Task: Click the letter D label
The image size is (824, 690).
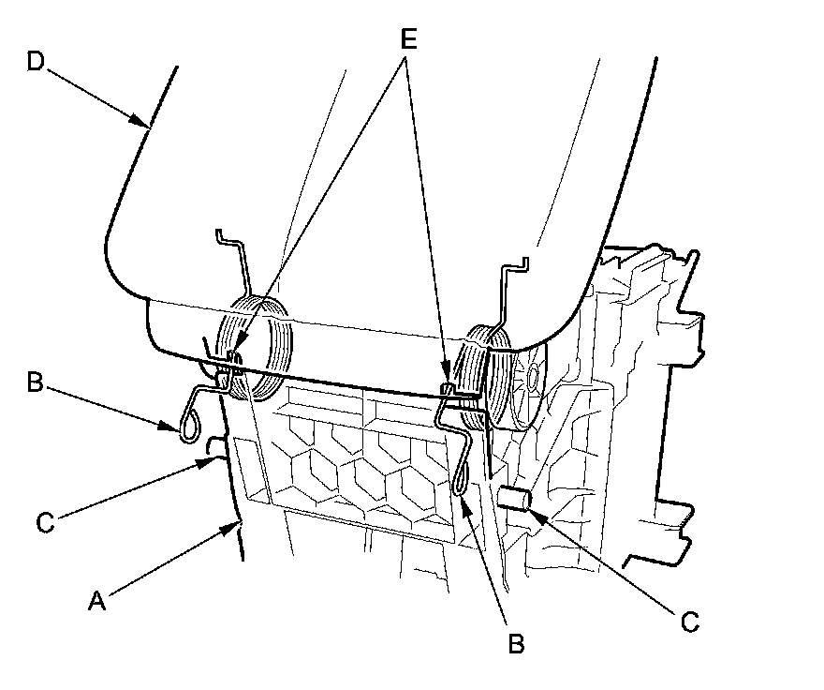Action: click(x=35, y=62)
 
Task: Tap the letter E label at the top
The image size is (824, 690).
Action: click(x=408, y=40)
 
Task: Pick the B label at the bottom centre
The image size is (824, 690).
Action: click(x=515, y=643)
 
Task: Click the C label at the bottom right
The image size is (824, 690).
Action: click(x=689, y=621)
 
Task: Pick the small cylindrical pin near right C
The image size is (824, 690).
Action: click(x=514, y=499)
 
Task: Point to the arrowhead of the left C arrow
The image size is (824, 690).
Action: click(x=209, y=460)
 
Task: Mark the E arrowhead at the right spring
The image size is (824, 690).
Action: click(x=447, y=384)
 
